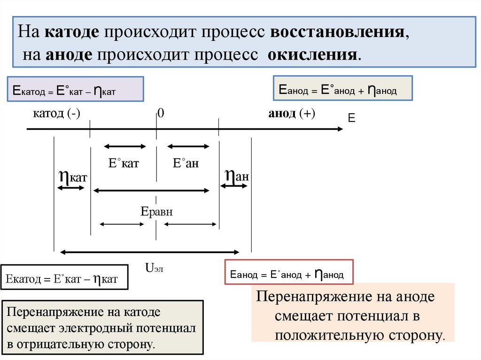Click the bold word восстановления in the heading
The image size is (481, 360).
point(336,32)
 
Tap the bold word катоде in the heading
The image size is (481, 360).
point(72,32)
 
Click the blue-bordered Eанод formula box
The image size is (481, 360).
point(342,88)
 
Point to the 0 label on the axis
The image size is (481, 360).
point(161,114)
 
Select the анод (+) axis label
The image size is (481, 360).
point(292,114)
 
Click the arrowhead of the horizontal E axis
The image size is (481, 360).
point(340,128)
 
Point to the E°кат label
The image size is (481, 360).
point(124,163)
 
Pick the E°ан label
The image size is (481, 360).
point(186,163)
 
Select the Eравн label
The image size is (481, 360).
point(157,211)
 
